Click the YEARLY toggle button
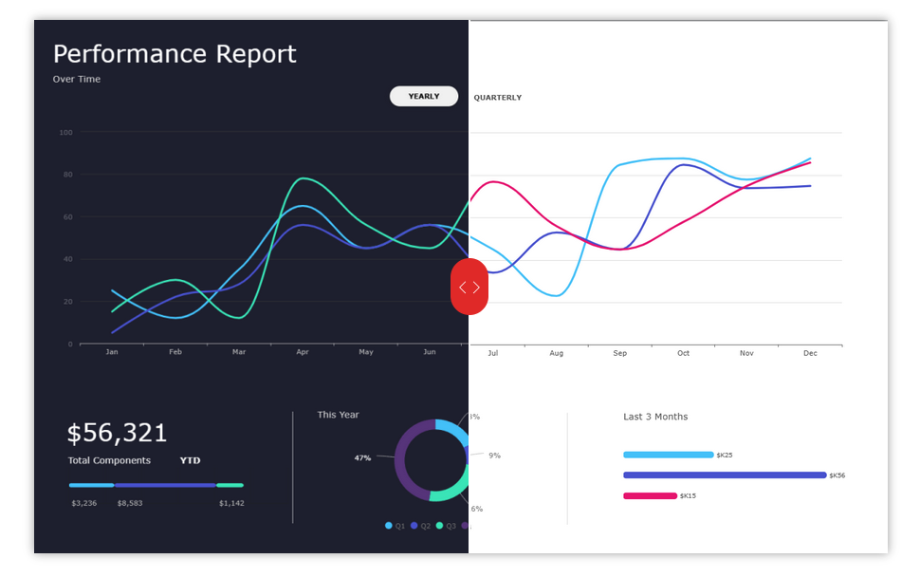pos(424,97)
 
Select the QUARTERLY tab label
pos(497,98)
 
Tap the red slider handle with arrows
pos(469,287)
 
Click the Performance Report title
pos(175,54)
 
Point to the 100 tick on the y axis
pos(65,132)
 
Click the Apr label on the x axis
pos(303,353)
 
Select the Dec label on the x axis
pos(810,353)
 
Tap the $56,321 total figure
pos(117,434)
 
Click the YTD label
pos(190,461)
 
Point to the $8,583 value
pos(130,503)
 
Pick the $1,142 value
pos(230,503)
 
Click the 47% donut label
pos(362,458)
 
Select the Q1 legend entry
pos(396,526)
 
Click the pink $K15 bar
pos(650,495)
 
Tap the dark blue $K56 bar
pos(725,475)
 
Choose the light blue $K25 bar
pos(668,455)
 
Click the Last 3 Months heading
pos(655,417)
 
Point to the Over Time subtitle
pos(77,80)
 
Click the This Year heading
pos(338,415)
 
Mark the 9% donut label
pos(494,456)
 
